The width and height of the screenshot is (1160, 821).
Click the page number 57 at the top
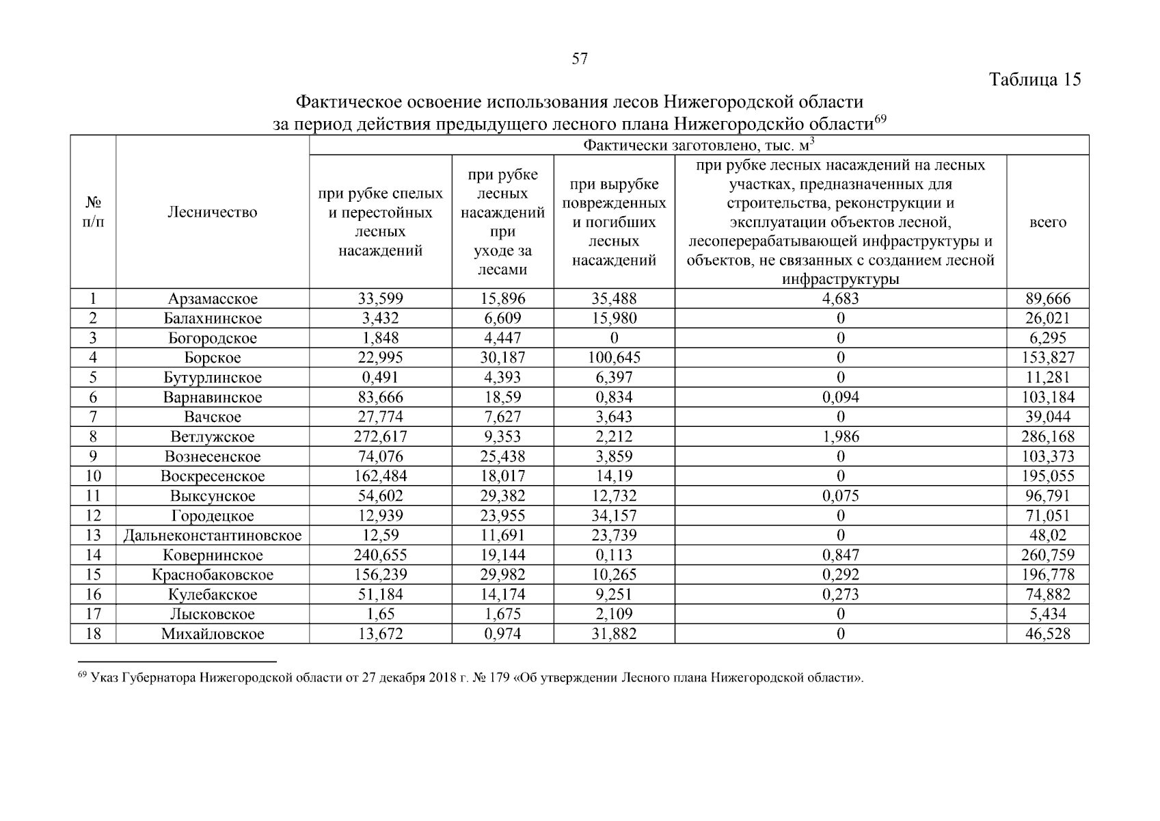tap(579, 59)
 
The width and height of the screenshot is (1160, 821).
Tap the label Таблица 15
tap(1035, 80)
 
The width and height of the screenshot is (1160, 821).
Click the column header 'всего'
tap(1047, 222)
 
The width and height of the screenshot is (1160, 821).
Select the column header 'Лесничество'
tap(213, 212)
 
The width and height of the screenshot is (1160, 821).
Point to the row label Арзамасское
tap(213, 299)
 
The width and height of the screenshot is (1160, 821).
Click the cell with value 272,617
tap(380, 437)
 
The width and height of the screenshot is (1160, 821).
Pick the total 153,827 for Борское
tap(1047, 358)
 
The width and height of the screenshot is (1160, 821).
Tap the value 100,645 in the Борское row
tap(613, 358)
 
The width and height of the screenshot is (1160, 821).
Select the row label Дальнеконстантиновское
tap(213, 536)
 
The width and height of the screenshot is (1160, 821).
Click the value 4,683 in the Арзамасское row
tap(840, 299)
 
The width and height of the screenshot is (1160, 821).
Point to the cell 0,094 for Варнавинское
tap(840, 398)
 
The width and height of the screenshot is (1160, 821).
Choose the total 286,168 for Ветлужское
tap(1047, 437)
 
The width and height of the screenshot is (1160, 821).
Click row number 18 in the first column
tap(93, 634)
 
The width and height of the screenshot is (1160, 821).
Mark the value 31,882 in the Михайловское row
tap(613, 634)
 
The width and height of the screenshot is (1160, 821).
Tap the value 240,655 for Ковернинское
tap(380, 556)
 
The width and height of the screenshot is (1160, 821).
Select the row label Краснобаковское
tap(213, 575)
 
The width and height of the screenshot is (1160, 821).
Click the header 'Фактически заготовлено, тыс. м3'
tap(699, 145)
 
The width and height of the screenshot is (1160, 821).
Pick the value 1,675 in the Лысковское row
tap(502, 614)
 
